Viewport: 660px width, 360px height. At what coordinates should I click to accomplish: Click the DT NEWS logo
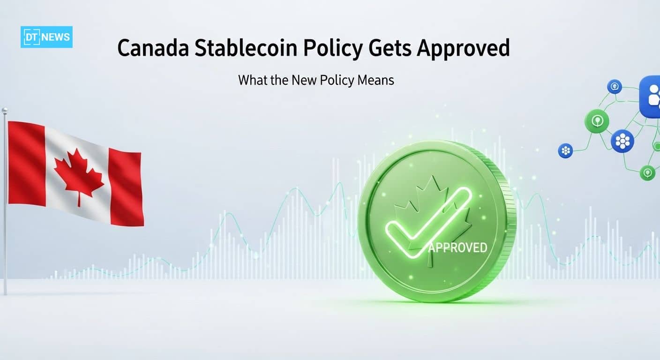(x=46, y=37)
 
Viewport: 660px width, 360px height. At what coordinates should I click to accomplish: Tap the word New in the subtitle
(x=304, y=80)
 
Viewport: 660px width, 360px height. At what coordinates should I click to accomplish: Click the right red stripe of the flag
(x=126, y=187)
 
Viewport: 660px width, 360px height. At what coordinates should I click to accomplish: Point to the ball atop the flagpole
(x=5, y=110)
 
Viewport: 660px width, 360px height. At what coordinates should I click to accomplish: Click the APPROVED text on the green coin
(x=457, y=247)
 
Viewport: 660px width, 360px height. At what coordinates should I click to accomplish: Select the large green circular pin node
(x=597, y=121)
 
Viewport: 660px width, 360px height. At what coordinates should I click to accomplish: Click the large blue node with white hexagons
(x=622, y=140)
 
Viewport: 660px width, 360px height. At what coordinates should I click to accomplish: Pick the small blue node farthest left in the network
(x=565, y=150)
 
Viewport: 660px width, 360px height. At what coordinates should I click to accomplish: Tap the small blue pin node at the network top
(x=614, y=86)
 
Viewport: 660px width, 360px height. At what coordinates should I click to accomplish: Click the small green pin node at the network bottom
(x=647, y=173)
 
